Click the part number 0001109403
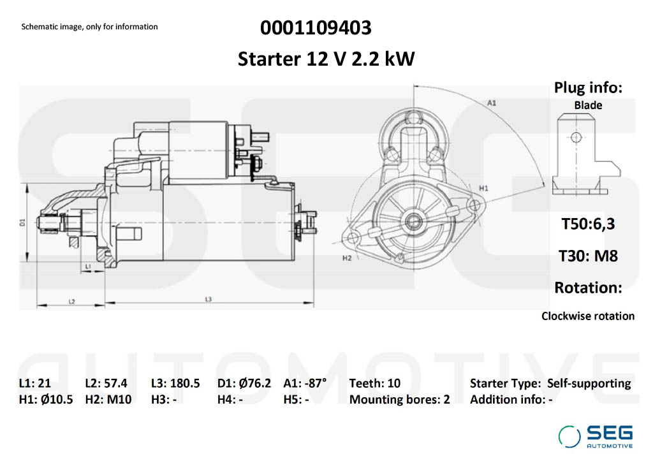tap(316, 28)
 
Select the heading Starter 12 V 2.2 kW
tap(326, 59)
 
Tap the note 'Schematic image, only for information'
tap(89, 27)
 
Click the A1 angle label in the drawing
tap(492, 102)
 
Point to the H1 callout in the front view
tap(483, 188)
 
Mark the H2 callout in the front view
tap(347, 258)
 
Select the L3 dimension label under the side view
tap(209, 299)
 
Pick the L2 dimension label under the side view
tap(72, 301)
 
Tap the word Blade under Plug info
tap(588, 105)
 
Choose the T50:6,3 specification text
tap(588, 224)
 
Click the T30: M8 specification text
tap(588, 256)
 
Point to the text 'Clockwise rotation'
tap(588, 316)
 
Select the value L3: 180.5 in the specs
tap(175, 383)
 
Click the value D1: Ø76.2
tap(244, 383)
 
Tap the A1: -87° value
tap(305, 383)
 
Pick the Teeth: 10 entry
tap(375, 383)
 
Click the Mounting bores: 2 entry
tap(400, 400)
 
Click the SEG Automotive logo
tap(596, 437)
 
